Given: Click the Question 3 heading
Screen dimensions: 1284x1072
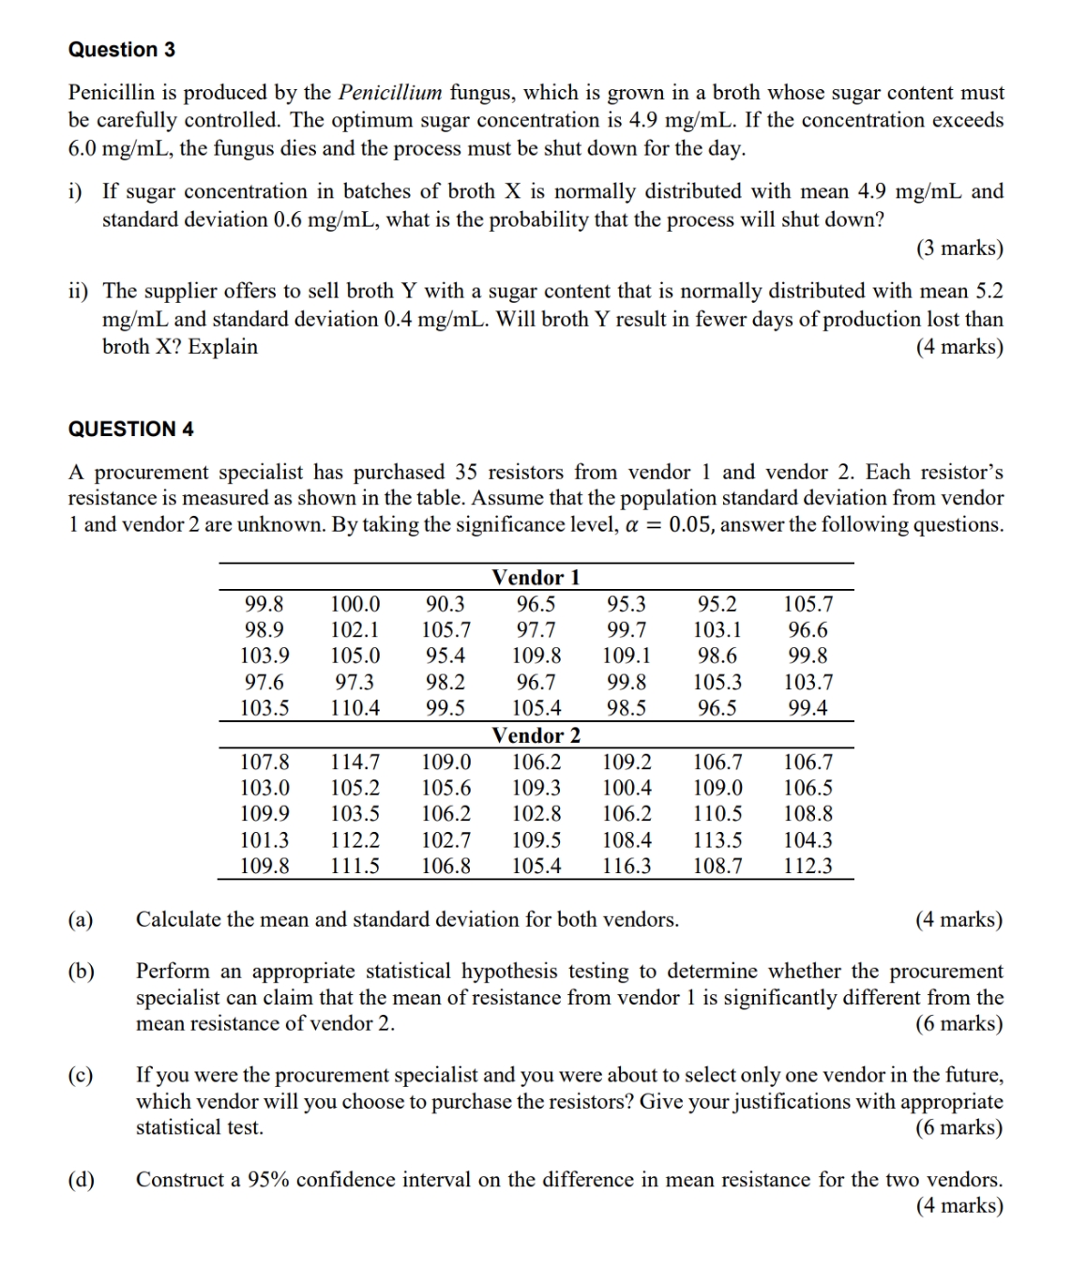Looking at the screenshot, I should tap(121, 50).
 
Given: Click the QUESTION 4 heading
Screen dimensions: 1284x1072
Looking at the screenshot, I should tap(130, 430).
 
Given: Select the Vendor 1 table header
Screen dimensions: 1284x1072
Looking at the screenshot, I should tap(536, 578).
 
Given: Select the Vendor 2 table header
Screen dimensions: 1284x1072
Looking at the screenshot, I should tap(536, 735).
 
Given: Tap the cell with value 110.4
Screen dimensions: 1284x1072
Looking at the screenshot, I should tap(355, 708).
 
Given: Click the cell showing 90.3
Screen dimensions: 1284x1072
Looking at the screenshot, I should tap(445, 605).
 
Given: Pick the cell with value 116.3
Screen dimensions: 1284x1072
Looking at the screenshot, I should tap(627, 866).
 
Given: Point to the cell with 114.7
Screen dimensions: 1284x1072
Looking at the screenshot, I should tap(355, 763).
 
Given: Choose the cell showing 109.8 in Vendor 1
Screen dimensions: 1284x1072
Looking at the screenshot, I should tap(536, 657).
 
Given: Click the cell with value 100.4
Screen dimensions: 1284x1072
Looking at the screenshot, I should tap(627, 789).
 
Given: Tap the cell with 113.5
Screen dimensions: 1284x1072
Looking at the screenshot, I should tap(717, 840).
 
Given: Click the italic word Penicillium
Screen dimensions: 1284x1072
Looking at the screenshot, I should tap(389, 93).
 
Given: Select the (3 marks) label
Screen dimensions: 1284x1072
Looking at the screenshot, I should tap(959, 249).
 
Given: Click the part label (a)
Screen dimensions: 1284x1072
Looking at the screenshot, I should tap(81, 919).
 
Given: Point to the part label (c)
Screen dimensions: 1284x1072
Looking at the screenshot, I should tap(81, 1075).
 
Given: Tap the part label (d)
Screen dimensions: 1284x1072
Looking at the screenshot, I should tap(81, 1180).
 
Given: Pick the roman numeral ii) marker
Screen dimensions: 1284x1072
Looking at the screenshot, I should tap(78, 291).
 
